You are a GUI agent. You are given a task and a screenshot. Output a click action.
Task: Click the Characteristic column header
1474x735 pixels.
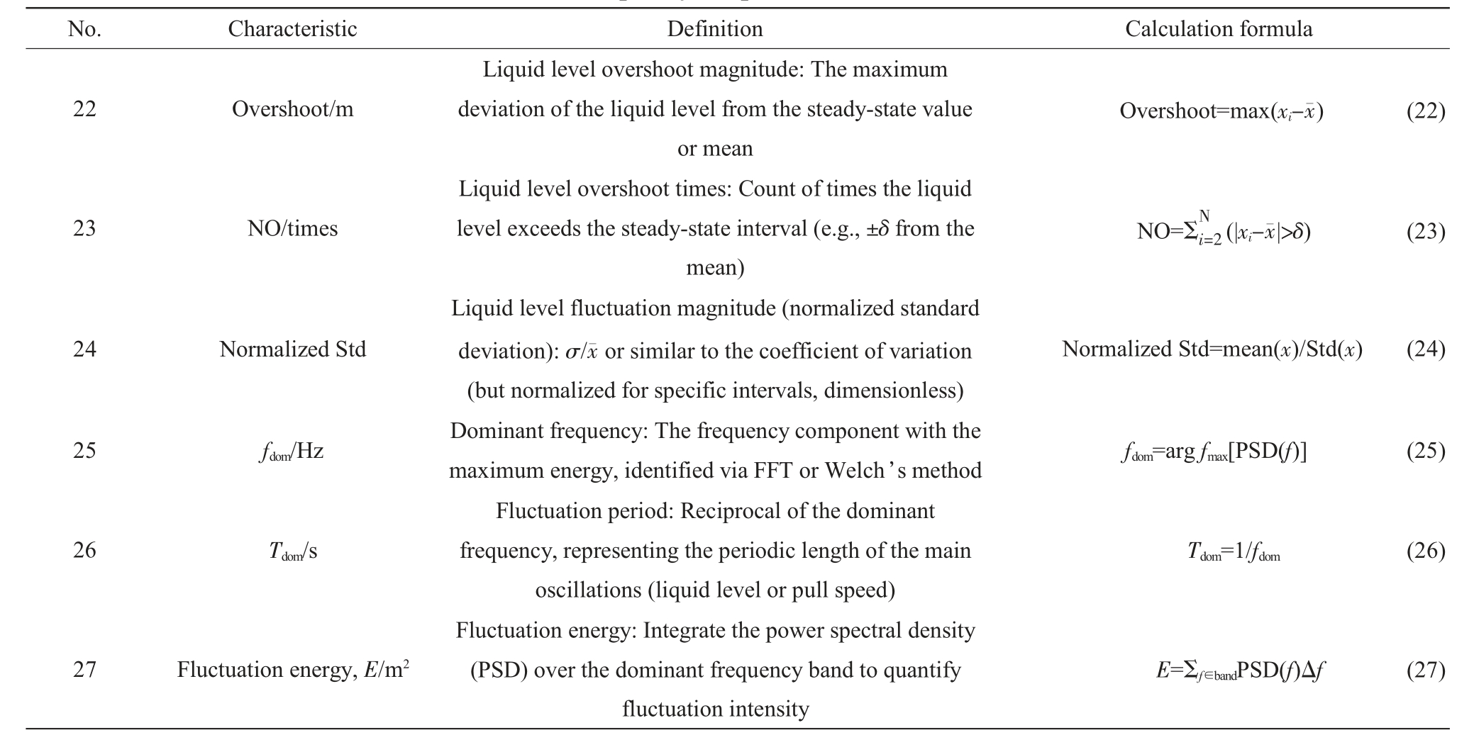pyautogui.click(x=292, y=29)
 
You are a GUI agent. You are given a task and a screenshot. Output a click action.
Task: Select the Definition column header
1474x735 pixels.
pyautogui.click(x=715, y=29)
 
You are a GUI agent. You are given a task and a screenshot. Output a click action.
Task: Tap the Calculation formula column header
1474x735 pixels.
pyautogui.click(x=1219, y=29)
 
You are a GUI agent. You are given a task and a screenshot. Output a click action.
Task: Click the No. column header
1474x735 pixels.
pyautogui.click(x=84, y=29)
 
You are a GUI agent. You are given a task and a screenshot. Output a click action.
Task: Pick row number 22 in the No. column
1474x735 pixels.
pyautogui.click(x=84, y=109)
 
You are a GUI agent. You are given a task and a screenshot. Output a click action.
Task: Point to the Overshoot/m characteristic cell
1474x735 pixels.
pyautogui.click(x=292, y=109)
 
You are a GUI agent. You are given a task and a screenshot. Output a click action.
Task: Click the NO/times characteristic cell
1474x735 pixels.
pyautogui.click(x=292, y=228)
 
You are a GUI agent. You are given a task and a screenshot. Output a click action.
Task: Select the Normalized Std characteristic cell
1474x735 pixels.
pyautogui.click(x=292, y=349)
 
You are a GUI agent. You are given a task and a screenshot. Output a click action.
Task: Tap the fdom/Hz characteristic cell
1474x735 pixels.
pyautogui.click(x=292, y=451)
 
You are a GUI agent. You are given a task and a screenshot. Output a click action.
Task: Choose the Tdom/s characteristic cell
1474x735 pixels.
pyautogui.click(x=292, y=551)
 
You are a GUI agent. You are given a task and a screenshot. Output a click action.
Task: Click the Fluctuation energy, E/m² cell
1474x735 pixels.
pyautogui.click(x=292, y=669)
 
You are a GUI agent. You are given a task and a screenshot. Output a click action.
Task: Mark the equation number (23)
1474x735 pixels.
pyautogui.click(x=1426, y=231)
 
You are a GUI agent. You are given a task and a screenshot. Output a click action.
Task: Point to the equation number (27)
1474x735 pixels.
pyautogui.click(x=1426, y=670)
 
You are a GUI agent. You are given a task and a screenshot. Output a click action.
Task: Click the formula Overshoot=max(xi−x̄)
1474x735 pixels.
pyautogui.click(x=1221, y=111)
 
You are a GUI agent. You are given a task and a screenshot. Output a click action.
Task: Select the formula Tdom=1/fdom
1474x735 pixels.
pyautogui.click(x=1234, y=551)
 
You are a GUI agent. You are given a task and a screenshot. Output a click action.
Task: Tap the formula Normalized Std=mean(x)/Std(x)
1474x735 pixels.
pyautogui.click(x=1212, y=349)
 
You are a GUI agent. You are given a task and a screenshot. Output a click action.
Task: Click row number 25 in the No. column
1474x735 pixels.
pyautogui.click(x=84, y=451)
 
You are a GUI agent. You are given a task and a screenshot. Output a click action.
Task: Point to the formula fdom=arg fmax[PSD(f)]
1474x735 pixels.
pyautogui.click(x=1214, y=451)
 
